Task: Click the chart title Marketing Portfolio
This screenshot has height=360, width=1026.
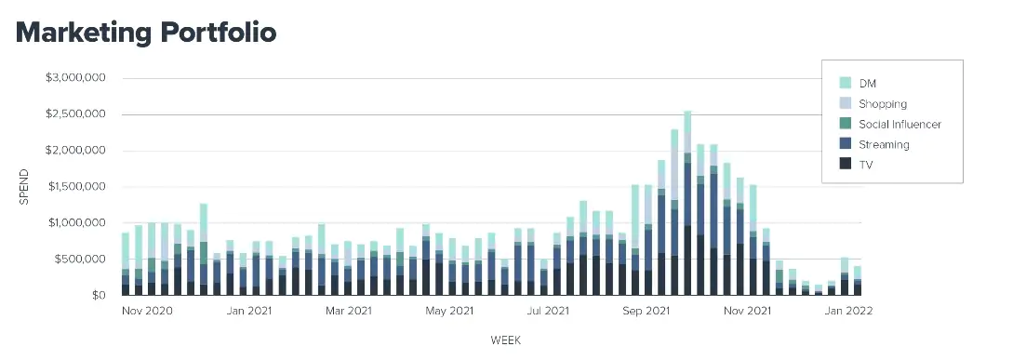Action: (146, 32)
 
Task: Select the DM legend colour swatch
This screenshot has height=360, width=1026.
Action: (846, 83)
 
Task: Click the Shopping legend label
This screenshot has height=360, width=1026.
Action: (883, 103)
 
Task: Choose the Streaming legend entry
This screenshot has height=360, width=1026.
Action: (884, 144)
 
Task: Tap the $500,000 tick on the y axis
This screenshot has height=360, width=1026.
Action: (80, 260)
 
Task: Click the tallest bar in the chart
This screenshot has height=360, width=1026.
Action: (687, 205)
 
